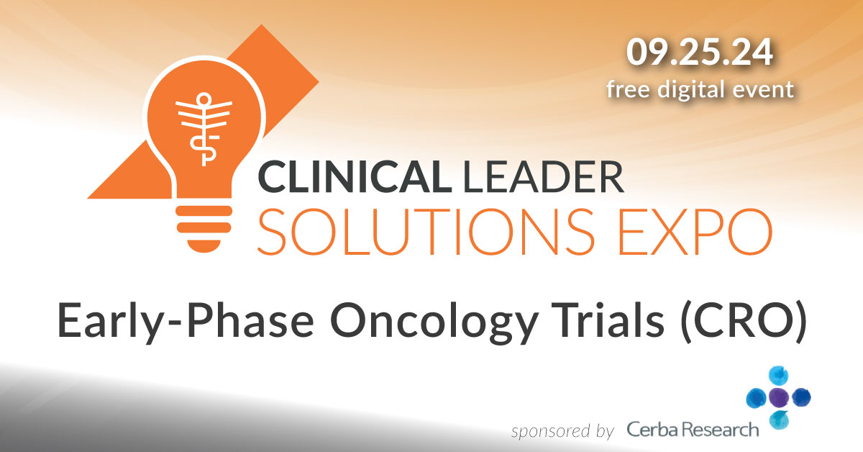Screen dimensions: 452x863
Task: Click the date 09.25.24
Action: pyautogui.click(x=700, y=55)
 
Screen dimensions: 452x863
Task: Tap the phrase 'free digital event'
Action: pyautogui.click(x=700, y=89)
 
